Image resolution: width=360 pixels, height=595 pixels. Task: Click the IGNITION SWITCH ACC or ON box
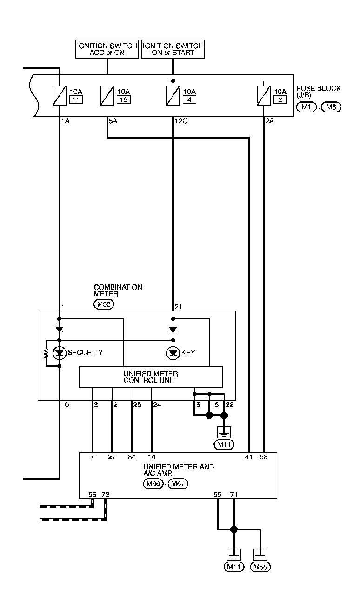click(x=107, y=49)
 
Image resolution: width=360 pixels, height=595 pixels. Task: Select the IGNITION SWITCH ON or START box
click(x=173, y=49)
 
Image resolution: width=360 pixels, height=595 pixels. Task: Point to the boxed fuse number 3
click(x=280, y=99)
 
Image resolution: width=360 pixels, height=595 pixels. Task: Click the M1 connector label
click(x=307, y=107)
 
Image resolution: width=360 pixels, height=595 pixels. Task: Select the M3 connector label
click(x=331, y=107)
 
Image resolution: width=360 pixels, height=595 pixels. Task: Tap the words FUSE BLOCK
click(x=319, y=88)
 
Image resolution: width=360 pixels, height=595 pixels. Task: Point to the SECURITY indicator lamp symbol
click(x=60, y=353)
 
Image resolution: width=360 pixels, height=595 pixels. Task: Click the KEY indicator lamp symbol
click(x=173, y=353)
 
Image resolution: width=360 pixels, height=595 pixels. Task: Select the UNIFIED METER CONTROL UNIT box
click(x=150, y=377)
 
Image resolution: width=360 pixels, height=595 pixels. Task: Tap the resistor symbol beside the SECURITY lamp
click(x=46, y=353)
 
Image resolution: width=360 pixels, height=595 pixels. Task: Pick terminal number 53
click(x=264, y=457)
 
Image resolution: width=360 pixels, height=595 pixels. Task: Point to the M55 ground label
click(x=260, y=567)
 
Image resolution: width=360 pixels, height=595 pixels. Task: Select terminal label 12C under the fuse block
click(x=180, y=120)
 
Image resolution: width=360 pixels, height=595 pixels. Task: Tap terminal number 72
click(x=105, y=494)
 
